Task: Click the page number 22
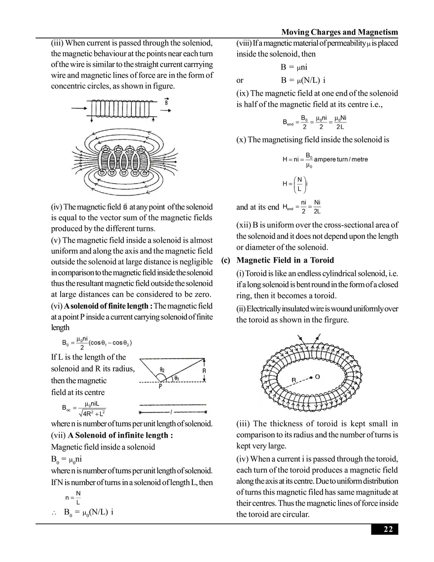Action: pyautogui.click(x=388, y=529)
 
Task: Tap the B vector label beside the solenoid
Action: pyautogui.click(x=166, y=101)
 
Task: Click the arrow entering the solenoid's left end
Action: pyautogui.click(x=78, y=107)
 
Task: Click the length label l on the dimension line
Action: pyautogui.click(x=171, y=411)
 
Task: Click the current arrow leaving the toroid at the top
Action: pyautogui.click(x=316, y=338)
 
